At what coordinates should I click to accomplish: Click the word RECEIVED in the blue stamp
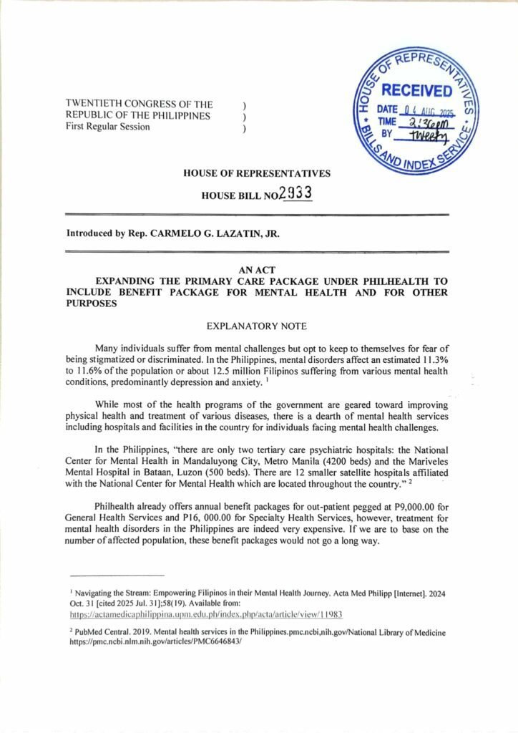[x=416, y=91]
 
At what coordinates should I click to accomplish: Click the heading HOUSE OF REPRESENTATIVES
[x=257, y=173]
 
